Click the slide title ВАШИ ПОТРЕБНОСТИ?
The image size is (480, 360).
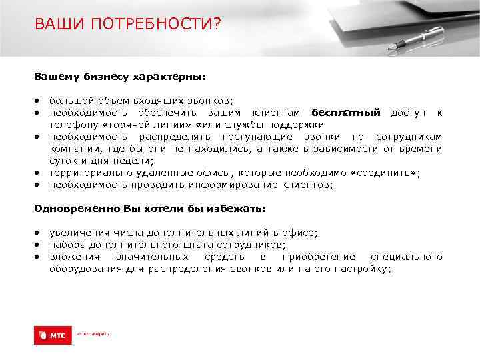tap(127, 25)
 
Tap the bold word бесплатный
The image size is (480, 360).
tap(345, 112)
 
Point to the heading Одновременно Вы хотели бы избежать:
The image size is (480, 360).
tap(150, 209)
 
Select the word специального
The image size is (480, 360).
tap(406, 257)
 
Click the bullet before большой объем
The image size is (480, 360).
tap(38, 101)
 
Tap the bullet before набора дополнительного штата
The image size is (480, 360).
tap(38, 245)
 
